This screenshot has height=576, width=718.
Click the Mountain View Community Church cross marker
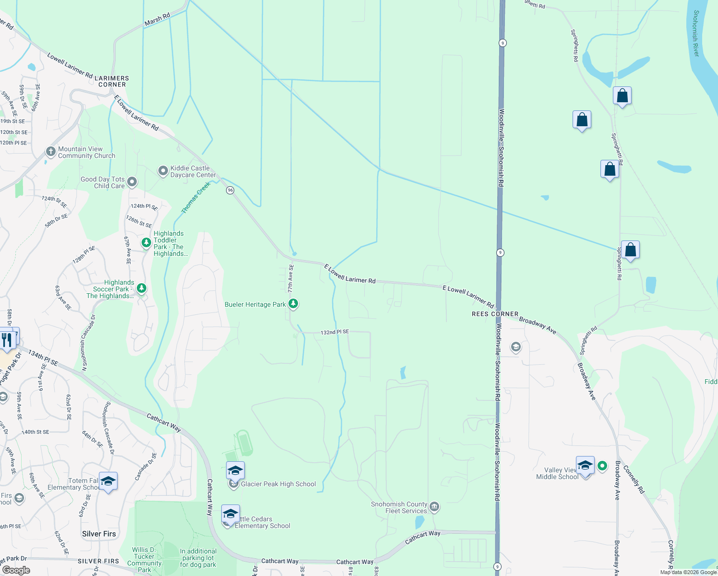coord(51,152)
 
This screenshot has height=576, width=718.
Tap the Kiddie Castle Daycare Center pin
coord(163,171)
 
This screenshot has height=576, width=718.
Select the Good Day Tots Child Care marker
coord(132,182)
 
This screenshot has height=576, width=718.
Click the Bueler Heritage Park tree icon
coord(293,304)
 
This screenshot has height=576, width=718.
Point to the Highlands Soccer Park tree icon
coord(141,288)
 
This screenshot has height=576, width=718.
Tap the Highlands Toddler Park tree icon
coord(146,243)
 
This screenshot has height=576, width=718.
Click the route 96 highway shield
coord(230,191)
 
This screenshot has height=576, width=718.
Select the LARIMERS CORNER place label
coord(112,81)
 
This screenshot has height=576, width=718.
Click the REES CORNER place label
coord(495,314)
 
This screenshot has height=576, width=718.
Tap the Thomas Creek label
coord(195,198)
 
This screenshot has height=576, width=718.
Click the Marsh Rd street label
coord(157,20)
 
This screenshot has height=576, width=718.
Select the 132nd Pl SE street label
coord(335,332)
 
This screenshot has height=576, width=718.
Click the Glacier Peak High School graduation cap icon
coord(235,470)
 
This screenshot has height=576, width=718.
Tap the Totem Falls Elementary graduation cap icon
coord(108,481)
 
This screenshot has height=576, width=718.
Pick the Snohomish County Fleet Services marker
coord(434,507)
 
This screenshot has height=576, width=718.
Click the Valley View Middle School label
coord(557,473)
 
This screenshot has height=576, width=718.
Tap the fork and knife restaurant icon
coord(6,339)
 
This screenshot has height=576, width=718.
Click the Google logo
coord(16,570)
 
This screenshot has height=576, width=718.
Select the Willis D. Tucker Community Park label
coord(144,560)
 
